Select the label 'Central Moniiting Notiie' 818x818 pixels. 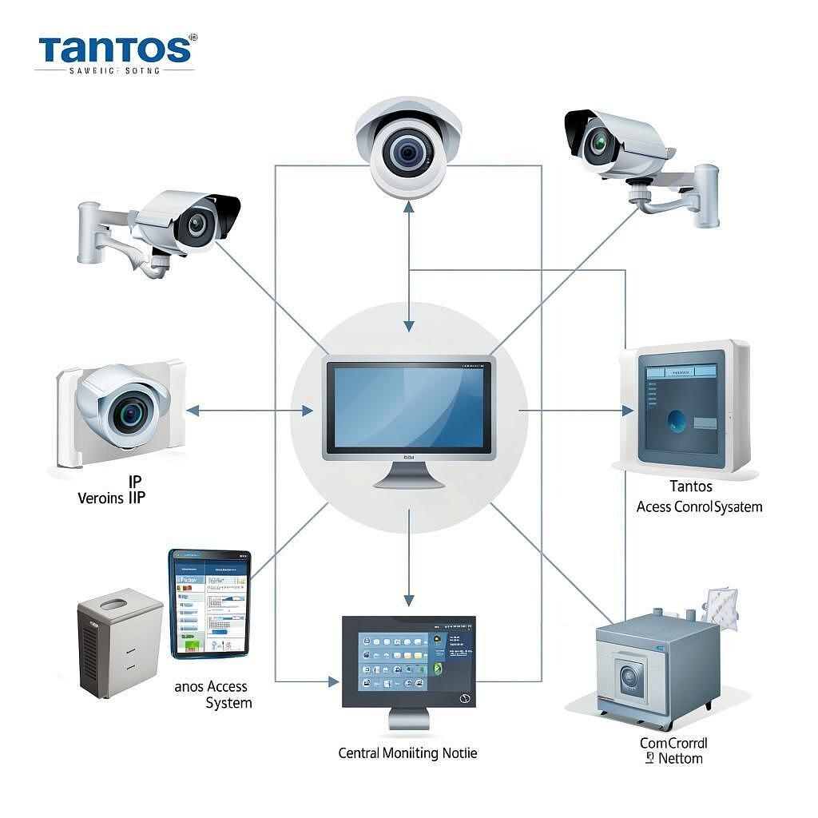[x=407, y=752]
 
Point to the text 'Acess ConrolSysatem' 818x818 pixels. [x=699, y=506]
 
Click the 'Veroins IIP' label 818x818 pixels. [x=112, y=498]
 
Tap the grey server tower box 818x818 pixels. [x=119, y=642]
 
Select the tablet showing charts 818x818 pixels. [x=209, y=604]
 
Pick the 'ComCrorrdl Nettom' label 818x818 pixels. [x=673, y=750]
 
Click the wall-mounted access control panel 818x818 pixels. [x=685, y=407]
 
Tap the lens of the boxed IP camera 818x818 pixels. [x=129, y=412]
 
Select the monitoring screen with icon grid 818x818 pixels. [x=408, y=661]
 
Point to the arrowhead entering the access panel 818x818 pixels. [x=628, y=411]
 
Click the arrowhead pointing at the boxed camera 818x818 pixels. [x=192, y=411]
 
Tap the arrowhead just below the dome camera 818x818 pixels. [x=409, y=207]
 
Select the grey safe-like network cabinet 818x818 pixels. [x=657, y=672]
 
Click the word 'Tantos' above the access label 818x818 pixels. [x=691, y=486]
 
